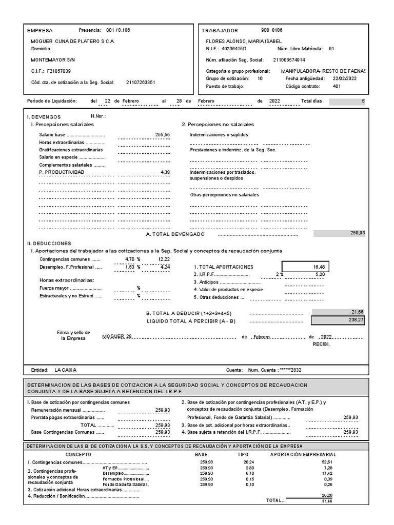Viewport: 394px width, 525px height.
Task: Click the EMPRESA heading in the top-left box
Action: (42, 31)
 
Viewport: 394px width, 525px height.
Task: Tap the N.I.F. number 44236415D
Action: (234, 49)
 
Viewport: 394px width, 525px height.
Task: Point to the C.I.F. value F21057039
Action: (59, 71)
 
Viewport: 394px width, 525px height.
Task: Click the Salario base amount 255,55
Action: (162, 134)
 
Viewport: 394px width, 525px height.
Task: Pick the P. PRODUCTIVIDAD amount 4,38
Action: (165, 172)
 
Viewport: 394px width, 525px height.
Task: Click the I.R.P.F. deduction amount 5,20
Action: (320, 274)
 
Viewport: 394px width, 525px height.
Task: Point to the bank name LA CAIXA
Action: (65, 370)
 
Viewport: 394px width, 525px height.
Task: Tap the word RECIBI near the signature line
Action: (322, 344)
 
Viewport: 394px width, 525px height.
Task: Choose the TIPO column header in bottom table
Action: (243, 455)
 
